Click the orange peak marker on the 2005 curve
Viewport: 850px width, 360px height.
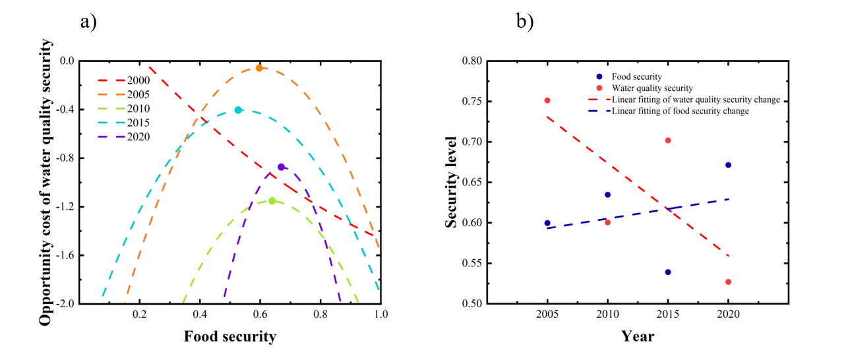pyautogui.click(x=259, y=68)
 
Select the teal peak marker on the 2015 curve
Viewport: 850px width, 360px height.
pyautogui.click(x=238, y=110)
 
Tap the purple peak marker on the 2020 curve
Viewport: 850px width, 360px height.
pyautogui.click(x=281, y=167)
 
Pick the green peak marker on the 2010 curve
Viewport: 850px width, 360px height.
pyautogui.click(x=272, y=200)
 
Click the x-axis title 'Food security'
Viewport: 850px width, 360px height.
pyautogui.click(x=229, y=337)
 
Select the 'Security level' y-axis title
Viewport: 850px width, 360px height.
pyautogui.click(x=451, y=182)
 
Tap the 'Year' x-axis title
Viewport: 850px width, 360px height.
pyautogui.click(x=638, y=337)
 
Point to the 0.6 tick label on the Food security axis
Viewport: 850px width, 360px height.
pyautogui.click(x=260, y=315)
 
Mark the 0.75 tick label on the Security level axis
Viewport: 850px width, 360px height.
pyautogui.click(x=471, y=102)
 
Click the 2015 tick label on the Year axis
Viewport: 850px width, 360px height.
pyautogui.click(x=667, y=315)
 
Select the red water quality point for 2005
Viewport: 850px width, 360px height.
pyautogui.click(x=547, y=100)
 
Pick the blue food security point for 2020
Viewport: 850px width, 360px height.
pyautogui.click(x=728, y=165)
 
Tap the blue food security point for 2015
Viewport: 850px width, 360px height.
pyautogui.click(x=668, y=272)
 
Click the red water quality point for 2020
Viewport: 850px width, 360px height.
pyautogui.click(x=728, y=282)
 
